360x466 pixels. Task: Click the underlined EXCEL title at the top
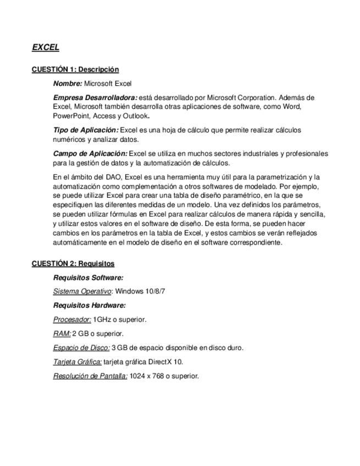45,48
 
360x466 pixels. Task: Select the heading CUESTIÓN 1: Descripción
75,70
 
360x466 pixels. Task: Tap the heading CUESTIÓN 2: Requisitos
73,264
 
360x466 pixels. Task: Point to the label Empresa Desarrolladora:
95,97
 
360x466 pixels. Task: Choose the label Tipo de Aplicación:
85,130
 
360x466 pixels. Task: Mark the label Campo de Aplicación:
90,154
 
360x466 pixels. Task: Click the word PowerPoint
70,116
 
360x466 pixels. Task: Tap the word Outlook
136,116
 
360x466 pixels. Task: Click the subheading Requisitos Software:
88,278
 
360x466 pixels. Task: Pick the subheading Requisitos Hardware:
90,305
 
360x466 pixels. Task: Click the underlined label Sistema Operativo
82,291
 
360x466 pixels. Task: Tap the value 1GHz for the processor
101,319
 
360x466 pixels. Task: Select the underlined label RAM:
62,334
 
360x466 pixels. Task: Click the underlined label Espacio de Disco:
81,348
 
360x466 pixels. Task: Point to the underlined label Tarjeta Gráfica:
77,362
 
